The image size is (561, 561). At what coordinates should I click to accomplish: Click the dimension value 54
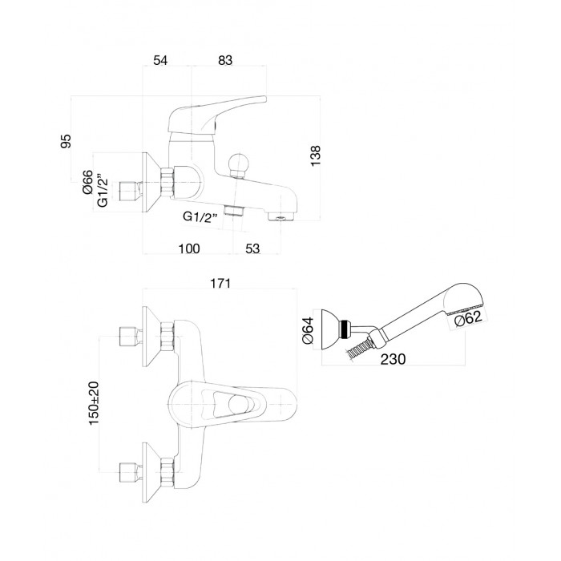pos(160,60)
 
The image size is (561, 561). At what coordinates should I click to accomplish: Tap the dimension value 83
pos(225,60)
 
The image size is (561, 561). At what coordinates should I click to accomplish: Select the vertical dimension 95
pos(67,141)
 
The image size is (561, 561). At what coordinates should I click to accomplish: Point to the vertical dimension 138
pos(316,155)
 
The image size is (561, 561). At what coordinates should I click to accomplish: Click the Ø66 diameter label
pos(88,182)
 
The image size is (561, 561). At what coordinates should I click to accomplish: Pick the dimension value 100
pos(189,248)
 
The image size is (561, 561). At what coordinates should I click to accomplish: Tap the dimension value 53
pos(252,248)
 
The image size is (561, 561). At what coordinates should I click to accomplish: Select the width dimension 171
pos(220,284)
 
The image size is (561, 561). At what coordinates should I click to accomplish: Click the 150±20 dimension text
pos(94,403)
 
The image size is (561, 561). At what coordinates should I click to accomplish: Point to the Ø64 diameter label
pos(308,330)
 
